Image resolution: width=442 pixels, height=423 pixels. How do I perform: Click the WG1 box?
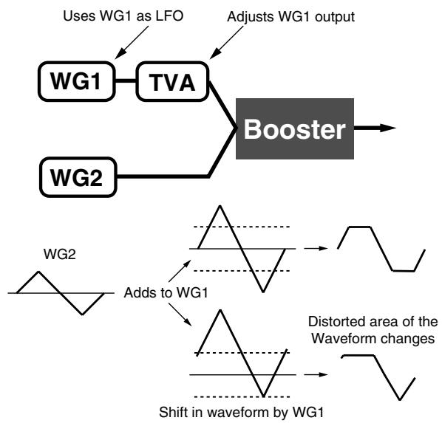point(77,81)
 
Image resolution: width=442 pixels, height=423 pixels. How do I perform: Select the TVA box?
point(172,81)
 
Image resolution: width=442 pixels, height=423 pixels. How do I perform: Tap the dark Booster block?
point(295,128)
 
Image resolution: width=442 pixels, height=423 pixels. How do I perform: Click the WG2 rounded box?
point(78,177)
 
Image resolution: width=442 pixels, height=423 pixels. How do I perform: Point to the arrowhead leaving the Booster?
point(388,128)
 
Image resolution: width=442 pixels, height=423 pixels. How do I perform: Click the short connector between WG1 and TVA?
point(126,81)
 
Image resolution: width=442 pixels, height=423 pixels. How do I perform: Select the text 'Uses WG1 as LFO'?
point(123,16)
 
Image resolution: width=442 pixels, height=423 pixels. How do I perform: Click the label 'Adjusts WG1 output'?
point(290,17)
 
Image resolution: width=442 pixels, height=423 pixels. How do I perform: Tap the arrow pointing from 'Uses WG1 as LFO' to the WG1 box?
point(132,43)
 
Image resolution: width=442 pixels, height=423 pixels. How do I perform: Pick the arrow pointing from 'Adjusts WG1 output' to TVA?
point(226,43)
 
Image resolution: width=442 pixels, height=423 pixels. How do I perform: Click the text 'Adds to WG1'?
point(166,292)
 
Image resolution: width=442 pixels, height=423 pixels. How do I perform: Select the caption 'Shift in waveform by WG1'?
point(241,413)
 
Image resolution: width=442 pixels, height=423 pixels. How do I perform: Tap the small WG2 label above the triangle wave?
point(60,254)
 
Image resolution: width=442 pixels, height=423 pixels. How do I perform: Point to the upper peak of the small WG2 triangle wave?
point(38,272)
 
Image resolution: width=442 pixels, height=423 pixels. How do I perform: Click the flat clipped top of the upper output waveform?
point(360,227)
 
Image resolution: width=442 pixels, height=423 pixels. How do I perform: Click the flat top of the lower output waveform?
point(358,356)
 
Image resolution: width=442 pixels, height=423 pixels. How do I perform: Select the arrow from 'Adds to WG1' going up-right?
point(180,271)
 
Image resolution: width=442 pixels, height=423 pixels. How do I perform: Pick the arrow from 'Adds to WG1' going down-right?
point(180,314)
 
